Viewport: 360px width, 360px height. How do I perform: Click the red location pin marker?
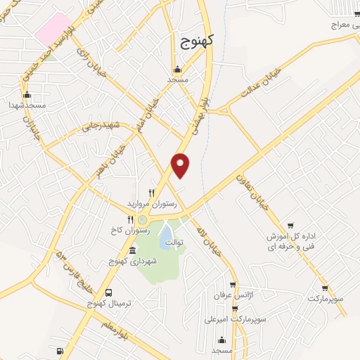click(x=181, y=165)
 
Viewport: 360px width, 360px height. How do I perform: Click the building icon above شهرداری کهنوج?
click(x=133, y=251)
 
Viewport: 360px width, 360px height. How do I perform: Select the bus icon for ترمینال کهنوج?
click(x=108, y=292)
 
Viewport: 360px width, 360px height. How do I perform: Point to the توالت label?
click(x=174, y=243)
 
